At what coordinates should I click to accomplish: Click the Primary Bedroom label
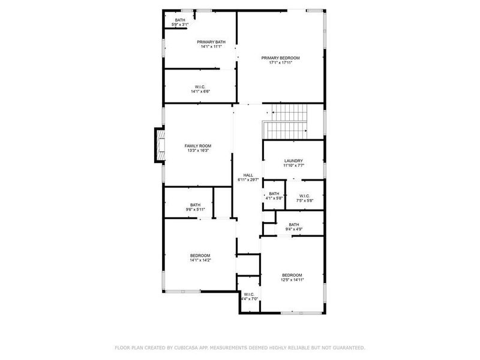click(280, 58)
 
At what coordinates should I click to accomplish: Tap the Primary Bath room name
click(211, 41)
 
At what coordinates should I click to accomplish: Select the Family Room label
click(197, 146)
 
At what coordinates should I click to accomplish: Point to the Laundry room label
click(293, 161)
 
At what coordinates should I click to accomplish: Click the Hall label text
click(247, 175)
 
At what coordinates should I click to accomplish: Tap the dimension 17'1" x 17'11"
click(280, 62)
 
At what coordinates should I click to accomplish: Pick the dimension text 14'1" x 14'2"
click(200, 260)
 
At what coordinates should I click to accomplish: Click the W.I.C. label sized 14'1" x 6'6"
click(200, 86)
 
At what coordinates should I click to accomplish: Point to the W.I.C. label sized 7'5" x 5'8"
click(304, 196)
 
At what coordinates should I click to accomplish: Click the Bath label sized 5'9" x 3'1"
click(180, 20)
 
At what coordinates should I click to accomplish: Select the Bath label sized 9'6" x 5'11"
click(195, 205)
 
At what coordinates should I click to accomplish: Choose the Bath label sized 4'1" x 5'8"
click(274, 194)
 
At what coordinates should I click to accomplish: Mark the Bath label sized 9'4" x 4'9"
click(293, 224)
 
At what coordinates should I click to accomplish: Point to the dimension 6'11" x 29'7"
click(247, 179)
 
